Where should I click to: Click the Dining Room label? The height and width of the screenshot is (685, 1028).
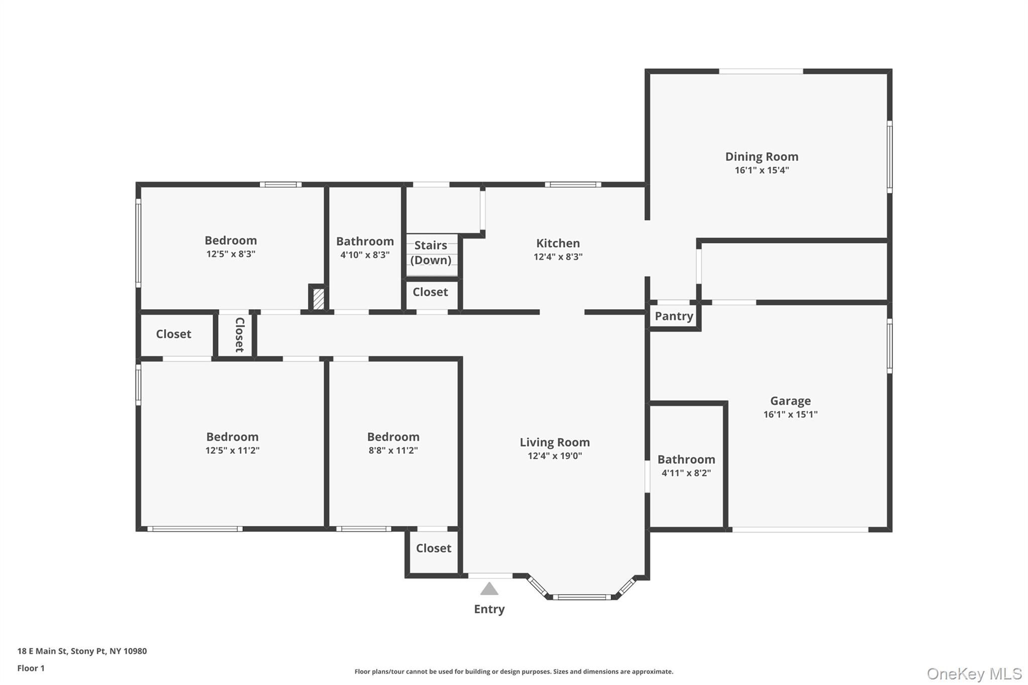coord(761,157)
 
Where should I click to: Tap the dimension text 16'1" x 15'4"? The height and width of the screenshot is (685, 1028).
coord(761,170)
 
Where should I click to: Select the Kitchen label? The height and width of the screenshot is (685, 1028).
coord(558,243)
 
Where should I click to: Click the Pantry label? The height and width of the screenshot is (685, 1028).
coord(674,316)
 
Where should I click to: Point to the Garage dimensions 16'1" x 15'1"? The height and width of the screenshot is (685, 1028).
coord(790,415)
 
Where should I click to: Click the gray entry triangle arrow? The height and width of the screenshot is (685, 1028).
coord(489,589)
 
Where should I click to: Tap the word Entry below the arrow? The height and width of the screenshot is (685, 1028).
coord(489,609)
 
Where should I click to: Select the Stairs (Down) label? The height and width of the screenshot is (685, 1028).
coord(431,252)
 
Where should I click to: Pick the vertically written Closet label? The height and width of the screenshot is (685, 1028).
coord(239,335)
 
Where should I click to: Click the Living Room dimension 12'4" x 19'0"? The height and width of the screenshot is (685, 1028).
coord(555,456)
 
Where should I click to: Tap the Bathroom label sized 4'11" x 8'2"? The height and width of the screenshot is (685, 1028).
coord(686,460)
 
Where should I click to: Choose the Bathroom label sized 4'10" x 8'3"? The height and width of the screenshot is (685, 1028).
coord(365,241)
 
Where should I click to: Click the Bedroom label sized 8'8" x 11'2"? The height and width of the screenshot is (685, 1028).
coord(393,437)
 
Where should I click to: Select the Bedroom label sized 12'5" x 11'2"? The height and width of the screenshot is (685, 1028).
coord(232,437)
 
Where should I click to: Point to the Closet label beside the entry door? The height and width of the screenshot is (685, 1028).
coord(433,549)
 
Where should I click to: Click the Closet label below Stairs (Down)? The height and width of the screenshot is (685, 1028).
coord(430,292)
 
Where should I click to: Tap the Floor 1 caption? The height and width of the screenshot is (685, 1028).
coord(31,668)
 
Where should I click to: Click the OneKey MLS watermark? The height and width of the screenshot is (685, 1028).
coord(974,673)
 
